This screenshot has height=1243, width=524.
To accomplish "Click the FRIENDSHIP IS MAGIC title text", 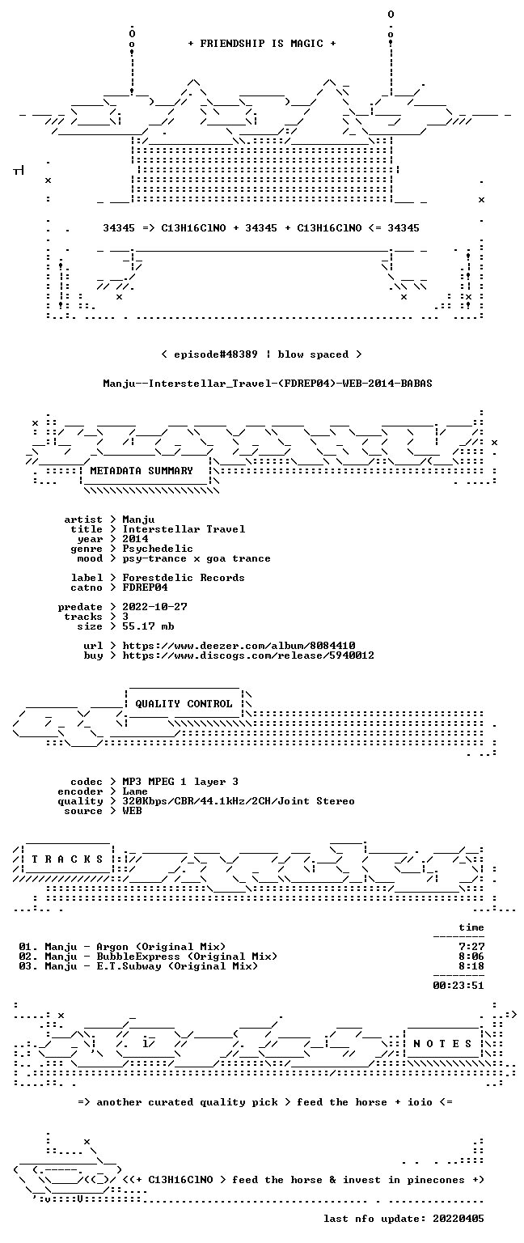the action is point(262,43).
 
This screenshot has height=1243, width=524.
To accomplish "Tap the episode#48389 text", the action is point(216,354).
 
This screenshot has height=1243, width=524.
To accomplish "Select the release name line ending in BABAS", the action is point(268,383).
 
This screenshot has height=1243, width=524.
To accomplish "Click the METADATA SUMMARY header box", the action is point(142,470).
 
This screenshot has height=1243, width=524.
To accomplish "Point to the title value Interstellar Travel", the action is point(184,528).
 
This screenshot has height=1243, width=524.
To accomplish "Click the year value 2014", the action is point(135,539).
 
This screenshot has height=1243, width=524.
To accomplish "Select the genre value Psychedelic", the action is point(158,549).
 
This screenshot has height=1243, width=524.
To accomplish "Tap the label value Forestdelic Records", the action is point(184,578).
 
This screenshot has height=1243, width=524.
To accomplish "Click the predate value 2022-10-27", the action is point(154,606).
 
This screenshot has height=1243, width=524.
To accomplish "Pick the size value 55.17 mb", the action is point(148,626).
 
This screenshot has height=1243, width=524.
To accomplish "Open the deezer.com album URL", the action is point(239,645).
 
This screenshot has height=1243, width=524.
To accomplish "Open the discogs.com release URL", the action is point(248,655).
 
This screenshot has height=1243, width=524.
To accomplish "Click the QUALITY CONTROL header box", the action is point(184,703).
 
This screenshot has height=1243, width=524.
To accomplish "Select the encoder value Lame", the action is point(135,791).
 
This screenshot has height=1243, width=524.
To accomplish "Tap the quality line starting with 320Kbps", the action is point(239,800).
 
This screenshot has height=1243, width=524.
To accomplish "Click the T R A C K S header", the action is point(68,859).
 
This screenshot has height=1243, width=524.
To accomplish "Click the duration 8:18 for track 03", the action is point(471,966).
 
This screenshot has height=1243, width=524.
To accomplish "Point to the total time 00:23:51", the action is point(458,986).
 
